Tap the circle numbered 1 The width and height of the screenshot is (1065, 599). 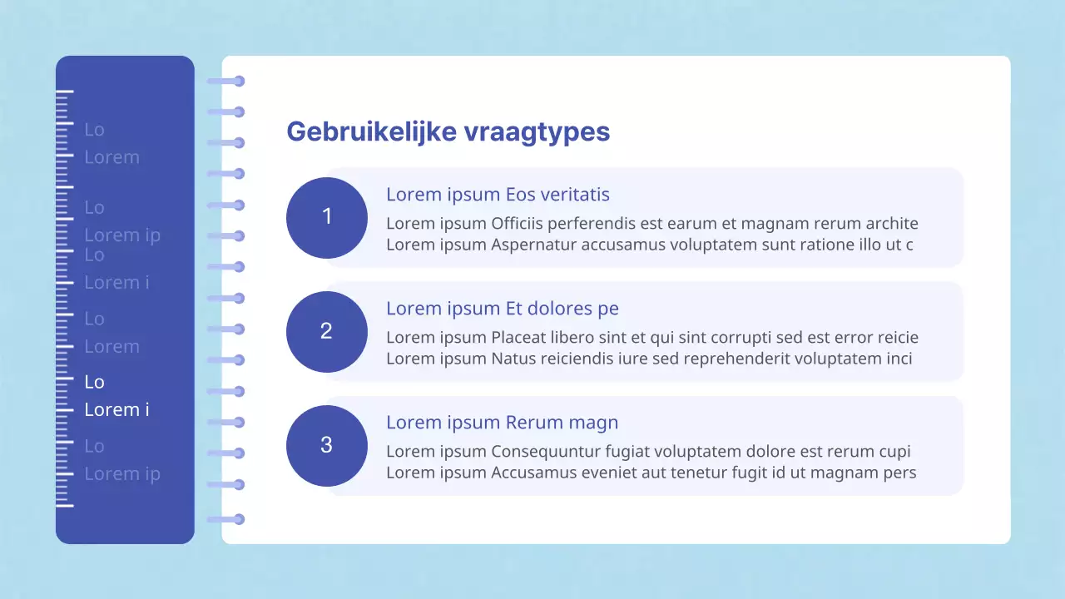point(327,217)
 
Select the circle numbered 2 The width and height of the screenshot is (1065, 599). point(327,331)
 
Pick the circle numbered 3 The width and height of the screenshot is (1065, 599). point(327,445)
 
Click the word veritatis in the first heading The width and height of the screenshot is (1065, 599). point(575,195)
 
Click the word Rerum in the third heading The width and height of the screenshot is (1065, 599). point(531,423)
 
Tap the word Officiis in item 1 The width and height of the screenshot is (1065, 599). point(517,224)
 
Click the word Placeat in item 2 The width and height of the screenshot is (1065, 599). point(519,338)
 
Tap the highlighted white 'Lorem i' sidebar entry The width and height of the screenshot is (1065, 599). point(116,410)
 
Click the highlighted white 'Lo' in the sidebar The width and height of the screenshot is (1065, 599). point(94,382)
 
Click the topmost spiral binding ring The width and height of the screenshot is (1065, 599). point(239,81)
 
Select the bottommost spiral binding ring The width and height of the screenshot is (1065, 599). point(239,519)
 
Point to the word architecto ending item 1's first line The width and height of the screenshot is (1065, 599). point(892,224)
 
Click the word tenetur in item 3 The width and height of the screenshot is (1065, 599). point(699,473)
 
